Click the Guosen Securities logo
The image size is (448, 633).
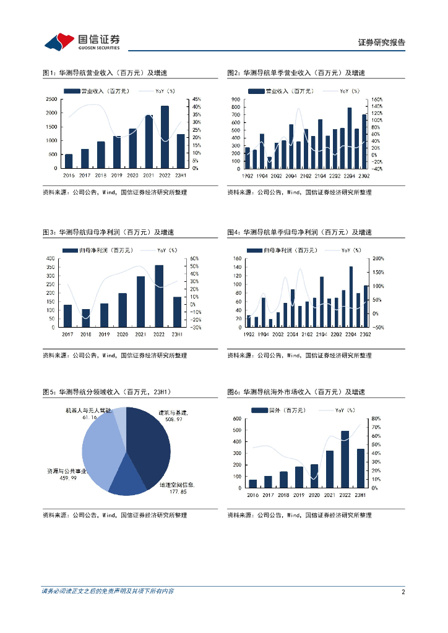(82, 41)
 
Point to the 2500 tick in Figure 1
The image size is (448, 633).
(52, 100)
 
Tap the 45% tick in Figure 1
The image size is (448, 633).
(195, 100)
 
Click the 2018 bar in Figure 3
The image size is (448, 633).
(86, 318)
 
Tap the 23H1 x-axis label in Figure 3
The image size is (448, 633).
(177, 334)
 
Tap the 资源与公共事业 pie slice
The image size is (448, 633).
(99, 451)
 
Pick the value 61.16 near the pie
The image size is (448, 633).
(90, 417)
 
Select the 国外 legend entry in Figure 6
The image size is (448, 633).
(271, 410)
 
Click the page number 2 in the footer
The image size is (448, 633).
(403, 592)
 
